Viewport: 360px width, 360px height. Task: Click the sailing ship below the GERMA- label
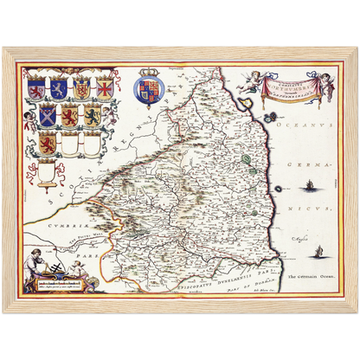[x=309, y=183]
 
